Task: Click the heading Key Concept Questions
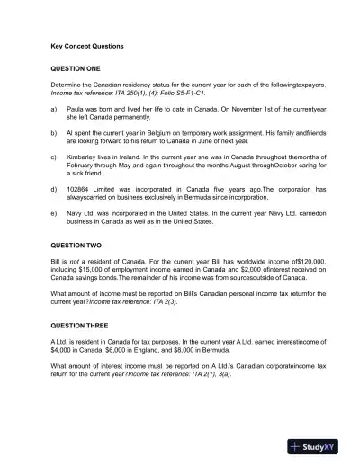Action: (x=87, y=45)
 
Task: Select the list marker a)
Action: (x=55, y=110)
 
